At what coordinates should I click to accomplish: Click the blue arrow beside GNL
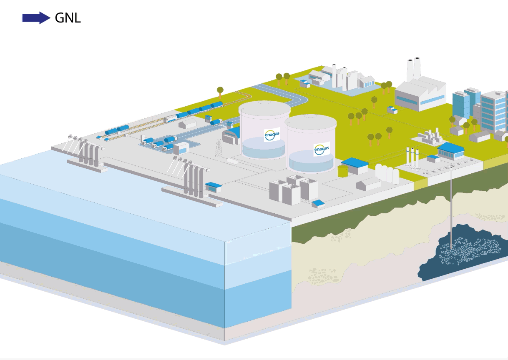(36, 18)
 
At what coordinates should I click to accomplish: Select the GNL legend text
(68, 18)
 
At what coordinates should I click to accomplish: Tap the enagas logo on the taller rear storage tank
(272, 134)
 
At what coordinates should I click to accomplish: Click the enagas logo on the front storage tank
(322, 149)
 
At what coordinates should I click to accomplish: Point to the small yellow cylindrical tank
(343, 171)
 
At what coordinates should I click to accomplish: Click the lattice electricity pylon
(219, 148)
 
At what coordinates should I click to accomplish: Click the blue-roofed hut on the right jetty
(213, 187)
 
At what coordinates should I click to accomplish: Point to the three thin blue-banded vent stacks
(412, 157)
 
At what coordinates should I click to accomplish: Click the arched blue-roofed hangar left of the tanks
(231, 135)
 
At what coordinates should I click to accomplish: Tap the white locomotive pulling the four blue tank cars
(170, 119)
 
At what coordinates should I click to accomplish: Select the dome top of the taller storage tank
(265, 107)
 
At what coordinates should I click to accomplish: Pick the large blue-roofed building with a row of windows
(451, 150)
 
